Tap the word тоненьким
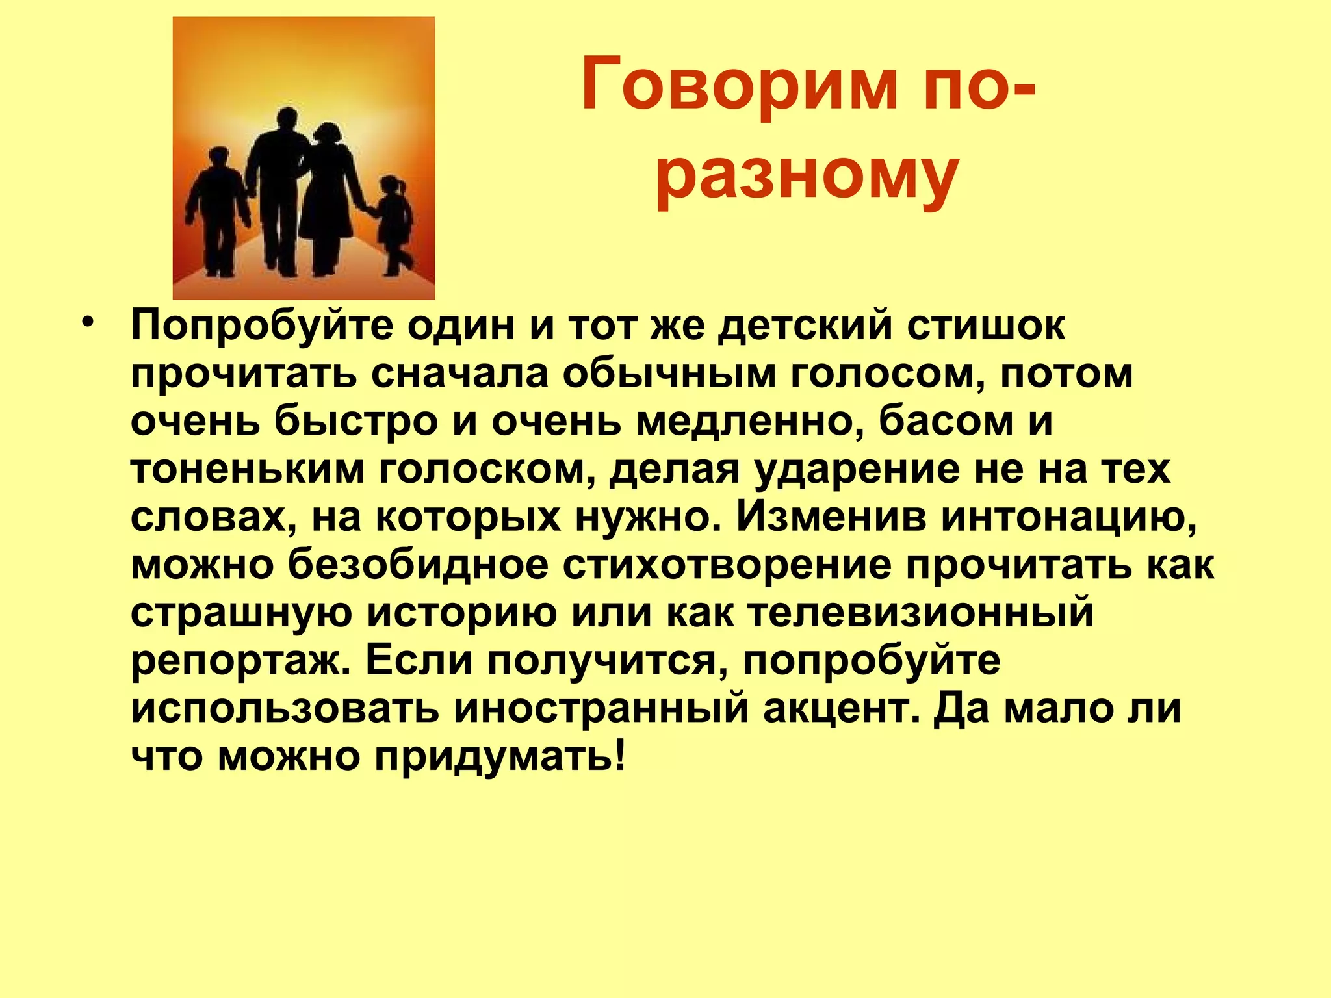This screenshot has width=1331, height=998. coord(248,469)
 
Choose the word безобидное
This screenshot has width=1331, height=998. coord(418,565)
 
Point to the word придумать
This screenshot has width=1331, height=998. coord(500,756)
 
